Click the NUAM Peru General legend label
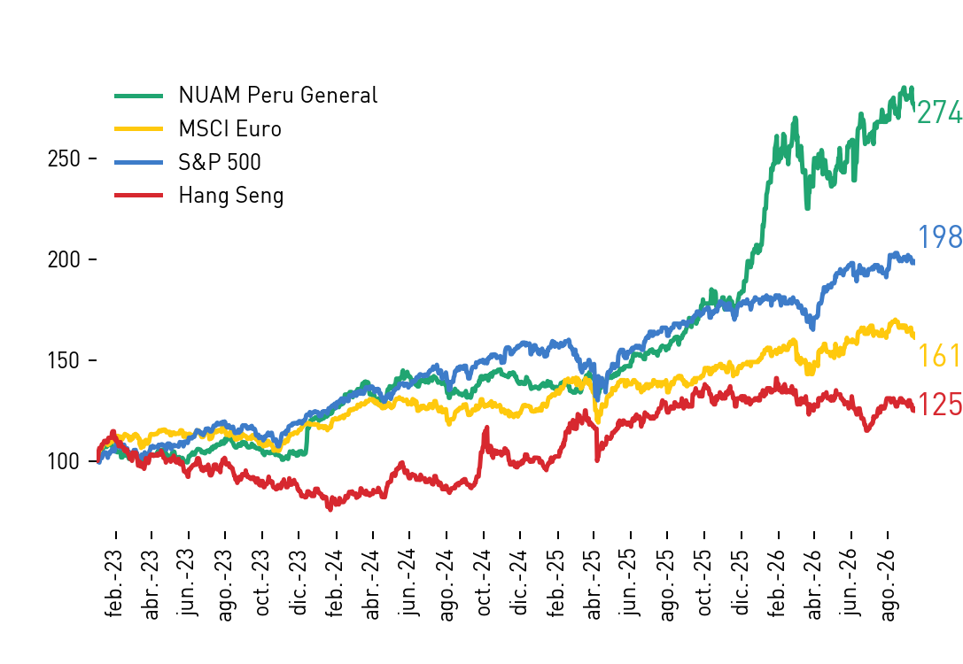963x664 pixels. click(x=277, y=95)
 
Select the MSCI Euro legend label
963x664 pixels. click(x=229, y=129)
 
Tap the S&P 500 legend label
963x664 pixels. click(x=219, y=162)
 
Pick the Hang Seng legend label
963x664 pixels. click(x=231, y=196)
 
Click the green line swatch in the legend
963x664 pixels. click(x=139, y=96)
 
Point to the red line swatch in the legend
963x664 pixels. click(x=139, y=195)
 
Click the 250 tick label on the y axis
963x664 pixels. click(x=64, y=159)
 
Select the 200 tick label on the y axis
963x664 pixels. click(x=64, y=259)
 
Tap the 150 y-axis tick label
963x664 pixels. click(x=64, y=360)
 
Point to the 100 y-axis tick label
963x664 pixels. click(x=64, y=461)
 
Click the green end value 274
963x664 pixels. click(x=940, y=113)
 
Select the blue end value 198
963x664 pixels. click(x=940, y=237)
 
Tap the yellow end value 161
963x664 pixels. click(x=940, y=356)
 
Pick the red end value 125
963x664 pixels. click(x=940, y=405)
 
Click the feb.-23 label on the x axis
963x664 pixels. click(x=115, y=583)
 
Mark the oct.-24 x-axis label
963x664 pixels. click(x=484, y=583)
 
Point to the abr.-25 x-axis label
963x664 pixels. click(x=594, y=584)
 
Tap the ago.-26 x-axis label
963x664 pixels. click(x=889, y=585)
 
